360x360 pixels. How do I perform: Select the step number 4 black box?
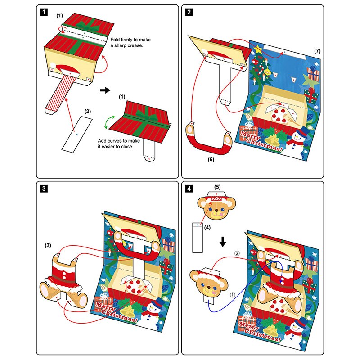tap(189, 189)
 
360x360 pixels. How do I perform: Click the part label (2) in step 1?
tap(88, 111)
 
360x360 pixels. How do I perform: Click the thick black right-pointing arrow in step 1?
tap(105, 90)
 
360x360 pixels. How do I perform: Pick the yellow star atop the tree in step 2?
tap(258, 47)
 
